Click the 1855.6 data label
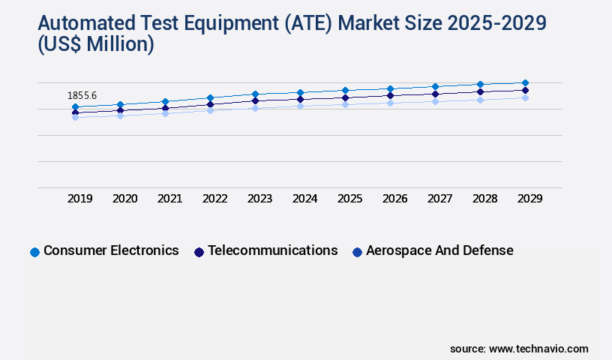click(82, 96)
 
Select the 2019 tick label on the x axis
click(80, 199)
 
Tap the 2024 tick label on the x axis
click(305, 199)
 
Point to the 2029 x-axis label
click(529, 199)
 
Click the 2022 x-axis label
click(215, 199)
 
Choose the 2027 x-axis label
click(440, 199)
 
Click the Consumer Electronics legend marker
click(34, 252)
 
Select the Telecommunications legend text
click(272, 250)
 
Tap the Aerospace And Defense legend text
click(439, 250)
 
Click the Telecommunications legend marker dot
click(199, 252)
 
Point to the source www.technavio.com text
click(519, 349)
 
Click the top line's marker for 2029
click(525, 82)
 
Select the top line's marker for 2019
click(75, 107)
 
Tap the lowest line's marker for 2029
click(525, 97)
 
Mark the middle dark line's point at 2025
click(345, 97)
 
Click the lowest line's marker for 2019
click(75, 117)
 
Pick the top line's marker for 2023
click(255, 94)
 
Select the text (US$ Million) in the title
click(95, 46)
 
